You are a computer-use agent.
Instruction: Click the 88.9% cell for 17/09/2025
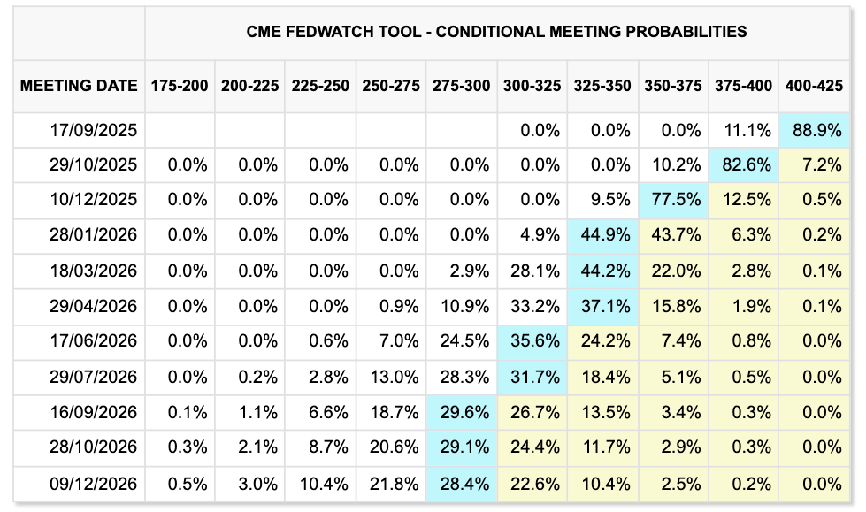pos(815,131)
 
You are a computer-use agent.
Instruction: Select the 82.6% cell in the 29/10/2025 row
pos(744,164)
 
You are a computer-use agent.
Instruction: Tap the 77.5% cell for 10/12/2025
pos(673,199)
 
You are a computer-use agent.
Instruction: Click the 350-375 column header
pos(673,86)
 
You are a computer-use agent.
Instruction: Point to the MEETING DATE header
pos(79,86)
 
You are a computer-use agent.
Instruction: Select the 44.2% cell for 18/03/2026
pos(602,271)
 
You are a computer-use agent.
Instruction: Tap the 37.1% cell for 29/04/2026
pos(602,307)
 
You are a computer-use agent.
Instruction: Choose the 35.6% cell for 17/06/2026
pos(532,342)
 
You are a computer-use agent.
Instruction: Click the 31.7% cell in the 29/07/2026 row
pos(532,378)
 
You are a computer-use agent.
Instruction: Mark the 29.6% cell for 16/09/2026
pos(461,413)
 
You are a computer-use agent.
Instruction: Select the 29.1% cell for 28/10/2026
pos(461,448)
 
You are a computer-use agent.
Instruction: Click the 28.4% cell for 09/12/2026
pos(461,484)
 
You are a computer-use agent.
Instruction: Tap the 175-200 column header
pos(180,86)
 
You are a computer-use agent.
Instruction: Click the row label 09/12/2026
pos(94,484)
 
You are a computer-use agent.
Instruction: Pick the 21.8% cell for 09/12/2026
pos(390,484)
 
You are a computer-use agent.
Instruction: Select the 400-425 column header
pos(815,86)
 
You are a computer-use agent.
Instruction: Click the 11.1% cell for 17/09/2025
pos(744,131)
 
